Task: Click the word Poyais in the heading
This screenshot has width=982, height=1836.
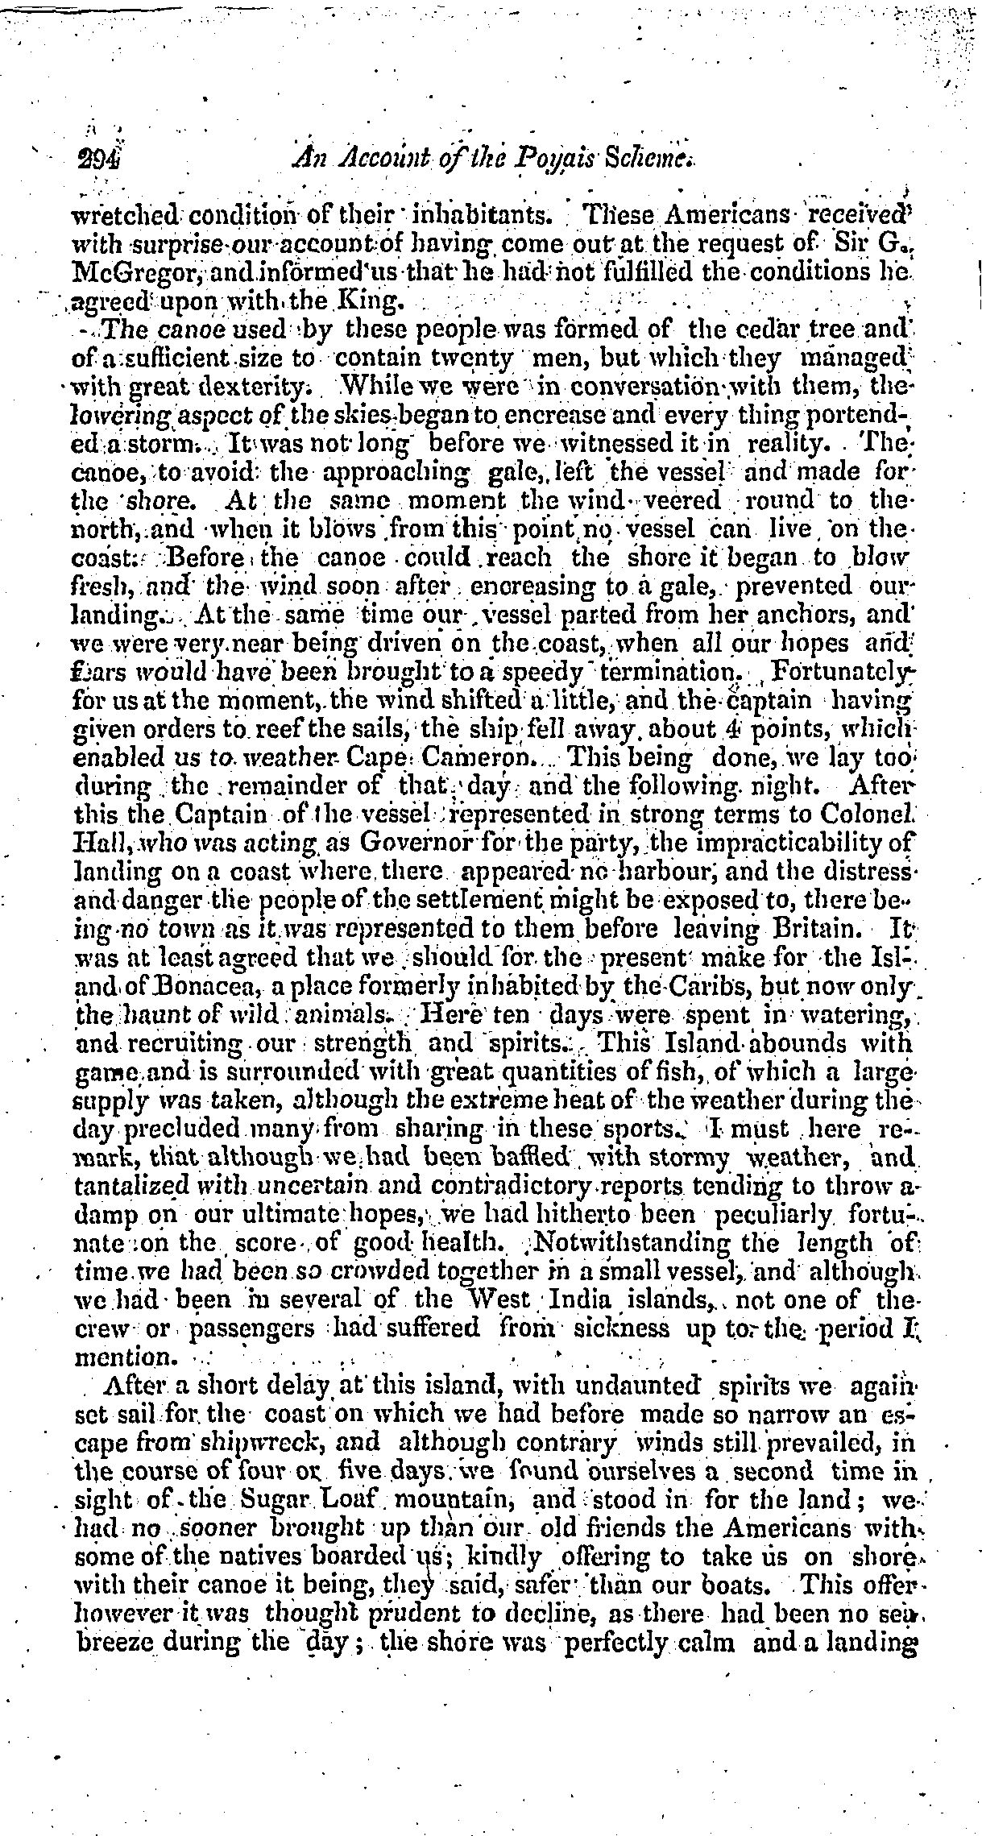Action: tap(528, 162)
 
